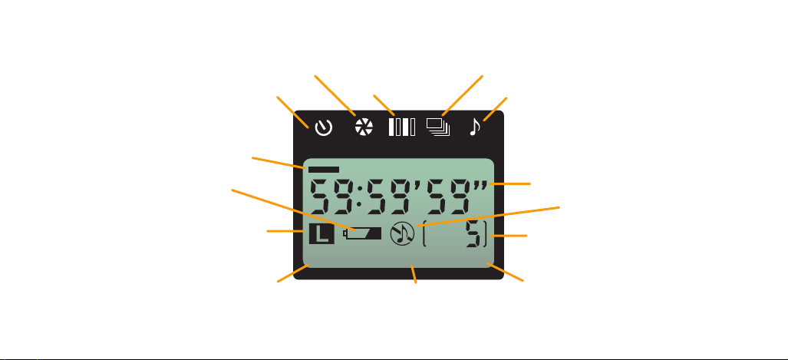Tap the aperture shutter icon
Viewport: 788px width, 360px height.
click(x=362, y=127)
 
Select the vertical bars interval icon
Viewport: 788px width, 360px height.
click(x=401, y=127)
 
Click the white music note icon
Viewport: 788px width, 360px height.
click(x=475, y=127)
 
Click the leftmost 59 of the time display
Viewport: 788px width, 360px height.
click(x=329, y=198)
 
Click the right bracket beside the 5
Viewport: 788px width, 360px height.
click(x=486, y=235)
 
